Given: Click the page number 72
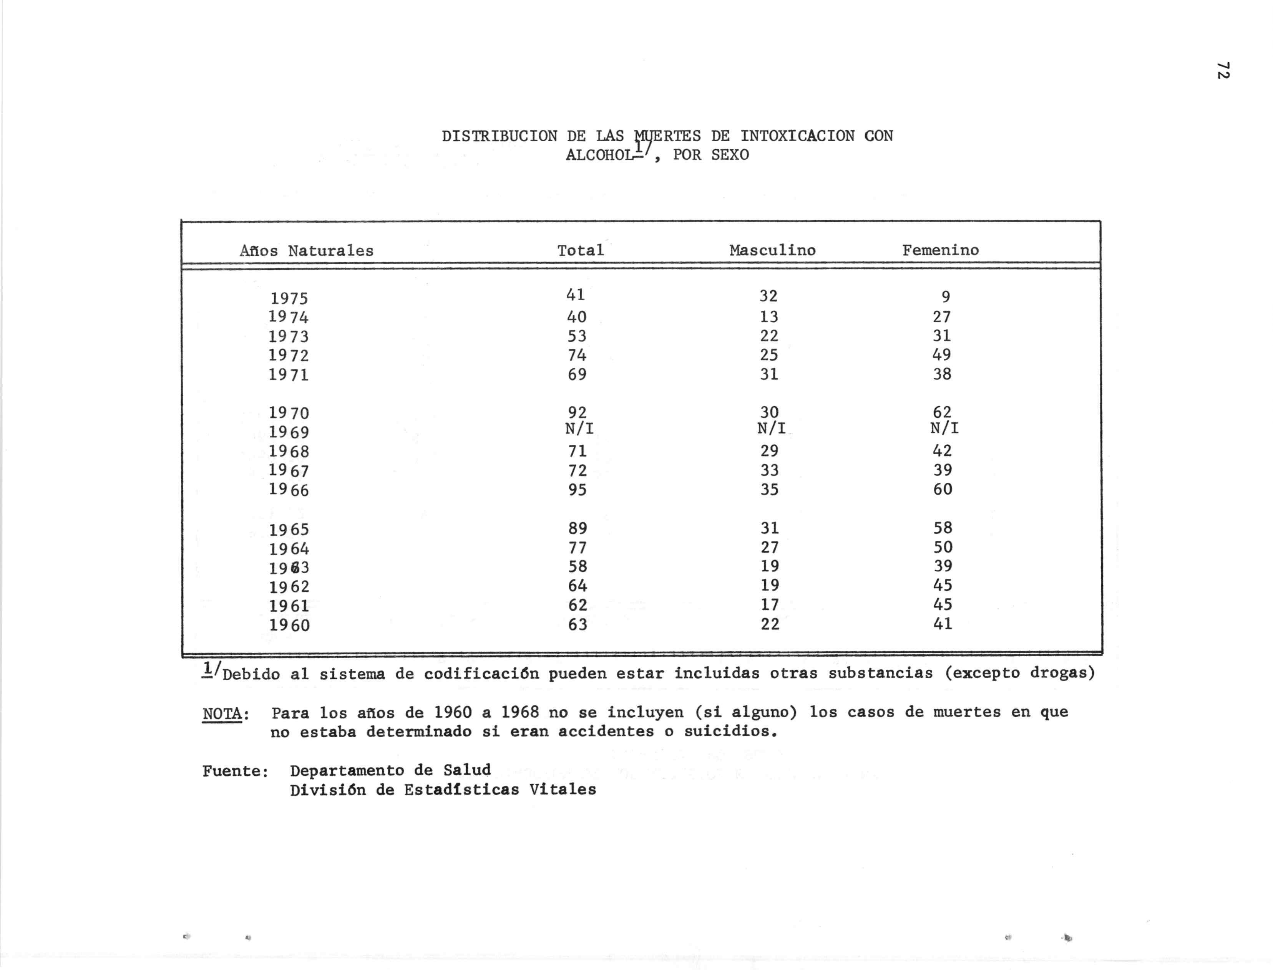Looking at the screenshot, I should coord(1222,70).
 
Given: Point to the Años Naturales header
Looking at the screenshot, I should coord(307,251).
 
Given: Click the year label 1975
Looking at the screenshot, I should coord(289,298).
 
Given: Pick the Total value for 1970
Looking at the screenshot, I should coord(577,412).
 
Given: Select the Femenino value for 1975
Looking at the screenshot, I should coord(946,297).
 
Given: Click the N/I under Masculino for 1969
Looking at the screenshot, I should coord(771,429).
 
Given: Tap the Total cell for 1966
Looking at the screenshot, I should coord(577,490).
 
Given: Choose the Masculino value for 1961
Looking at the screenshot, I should coord(769,604).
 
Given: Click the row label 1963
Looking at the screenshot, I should coord(289,568).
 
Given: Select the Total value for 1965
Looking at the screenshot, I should coord(578,528).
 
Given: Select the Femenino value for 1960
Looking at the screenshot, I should coord(943,624).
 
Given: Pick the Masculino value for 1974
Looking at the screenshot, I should coord(769,316).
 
